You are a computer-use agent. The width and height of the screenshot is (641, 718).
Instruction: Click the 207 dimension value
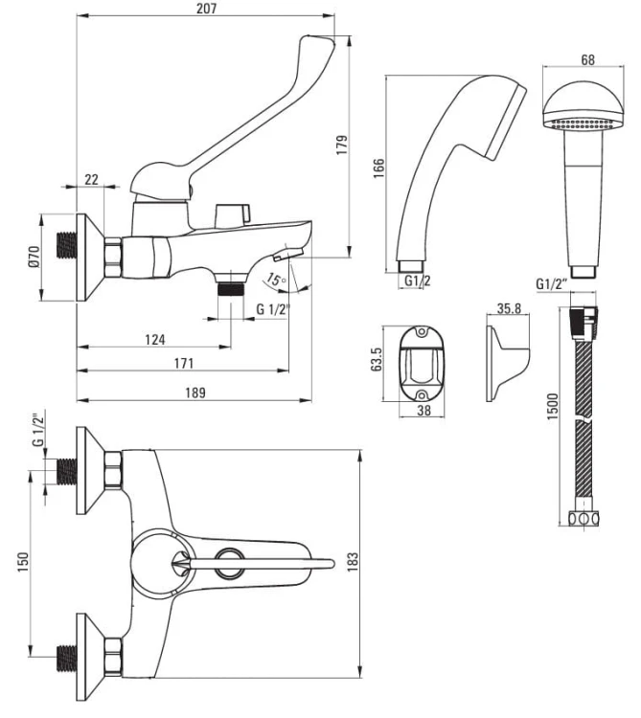pos(205,9)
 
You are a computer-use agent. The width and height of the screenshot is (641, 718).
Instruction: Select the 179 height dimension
pos(342,146)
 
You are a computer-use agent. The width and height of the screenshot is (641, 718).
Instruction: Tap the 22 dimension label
pos(92,180)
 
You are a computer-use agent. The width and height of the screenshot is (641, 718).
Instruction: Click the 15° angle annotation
pos(276,280)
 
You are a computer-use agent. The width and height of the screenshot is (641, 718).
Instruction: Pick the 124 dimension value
pos(155,339)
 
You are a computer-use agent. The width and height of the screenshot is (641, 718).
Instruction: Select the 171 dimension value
pos(184,364)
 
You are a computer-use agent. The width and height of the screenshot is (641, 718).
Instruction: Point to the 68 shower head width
pos(587,60)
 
